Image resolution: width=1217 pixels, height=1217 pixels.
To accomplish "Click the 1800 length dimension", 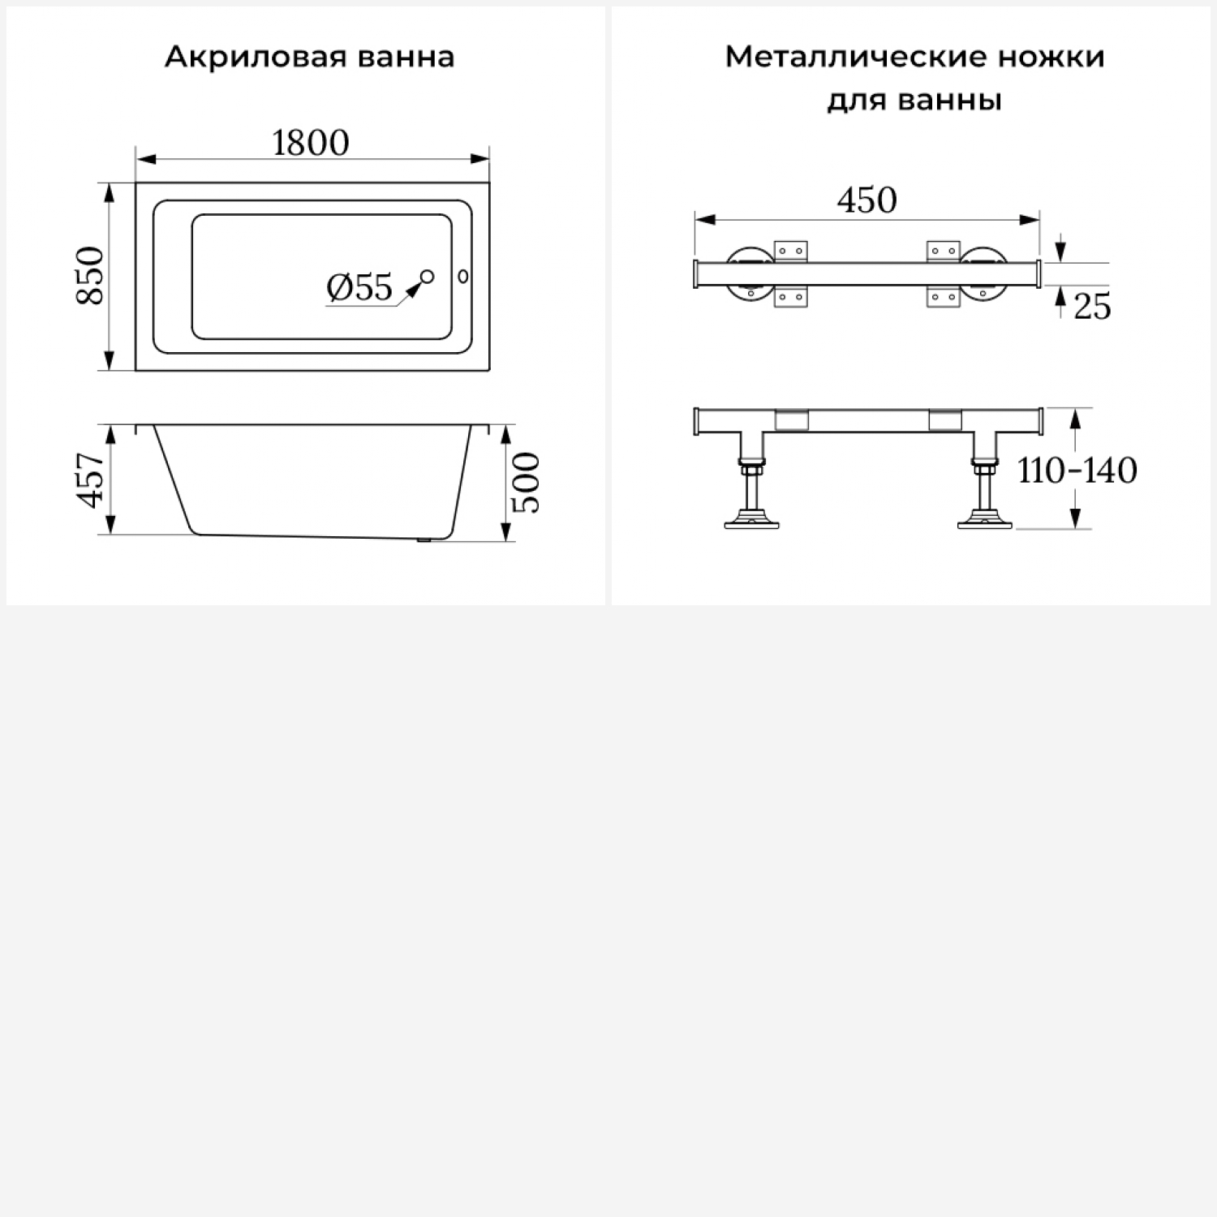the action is pyautogui.click(x=311, y=143).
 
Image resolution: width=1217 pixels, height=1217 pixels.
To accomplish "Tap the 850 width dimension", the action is pyautogui.click(x=91, y=276).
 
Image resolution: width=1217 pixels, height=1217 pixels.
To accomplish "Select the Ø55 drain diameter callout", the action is pyautogui.click(x=359, y=287).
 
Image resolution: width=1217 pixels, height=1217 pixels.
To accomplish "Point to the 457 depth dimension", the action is pyautogui.click(x=91, y=479).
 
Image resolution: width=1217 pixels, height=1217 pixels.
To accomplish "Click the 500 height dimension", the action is pyautogui.click(x=526, y=483).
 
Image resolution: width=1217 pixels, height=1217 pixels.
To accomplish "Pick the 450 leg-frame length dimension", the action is pyautogui.click(x=867, y=200).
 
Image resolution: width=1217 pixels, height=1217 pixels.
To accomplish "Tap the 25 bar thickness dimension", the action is pyautogui.click(x=1092, y=307).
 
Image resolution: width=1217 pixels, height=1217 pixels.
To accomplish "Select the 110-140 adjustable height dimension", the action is pyautogui.click(x=1077, y=470).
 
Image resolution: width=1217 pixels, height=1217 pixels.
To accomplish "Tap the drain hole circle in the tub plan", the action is pyautogui.click(x=428, y=277).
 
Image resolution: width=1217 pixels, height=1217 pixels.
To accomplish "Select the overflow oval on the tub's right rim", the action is pyautogui.click(x=464, y=277).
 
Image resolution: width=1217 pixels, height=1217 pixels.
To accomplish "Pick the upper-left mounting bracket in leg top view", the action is pyautogui.click(x=791, y=252).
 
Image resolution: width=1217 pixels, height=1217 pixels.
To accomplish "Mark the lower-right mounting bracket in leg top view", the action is pyautogui.click(x=943, y=296).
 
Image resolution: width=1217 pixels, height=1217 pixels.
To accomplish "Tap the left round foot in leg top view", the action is pyautogui.click(x=749, y=274).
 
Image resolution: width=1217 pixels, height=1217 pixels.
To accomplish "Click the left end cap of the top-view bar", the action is pyautogui.click(x=696, y=274).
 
